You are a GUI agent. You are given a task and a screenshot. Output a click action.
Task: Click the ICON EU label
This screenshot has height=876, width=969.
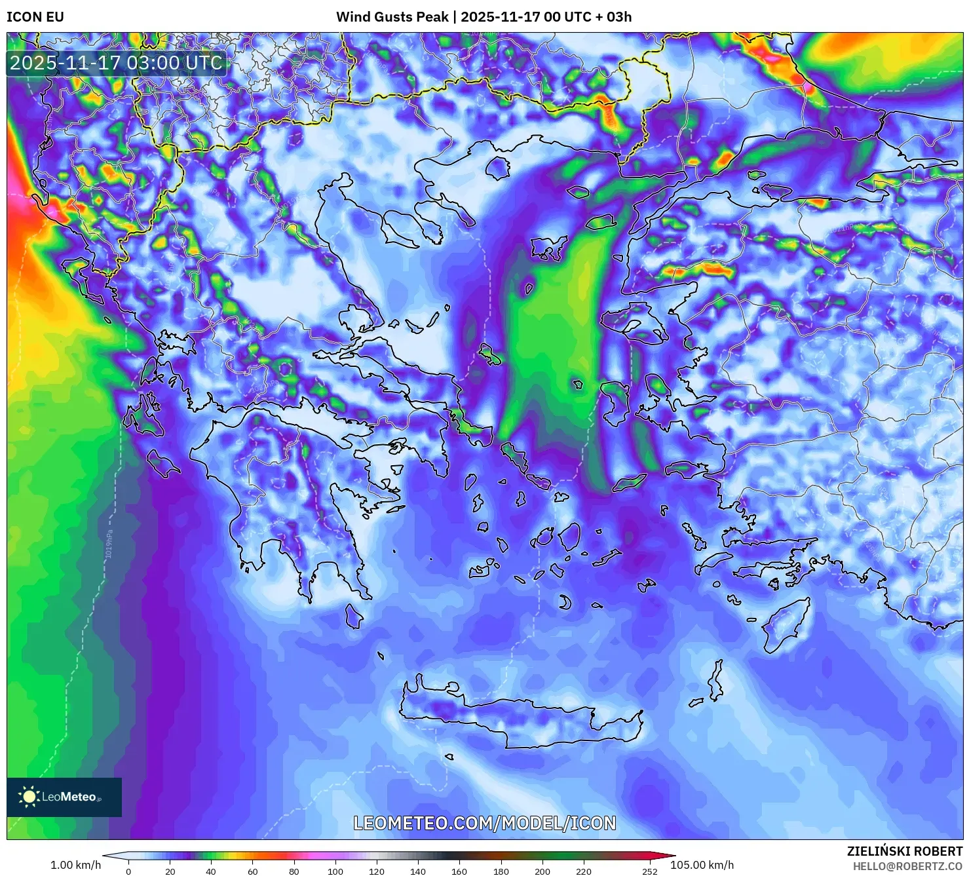35,17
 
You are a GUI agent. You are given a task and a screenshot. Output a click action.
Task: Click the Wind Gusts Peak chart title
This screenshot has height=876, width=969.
484,17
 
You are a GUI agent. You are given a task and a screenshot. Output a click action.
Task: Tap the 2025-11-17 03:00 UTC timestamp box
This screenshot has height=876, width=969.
116,63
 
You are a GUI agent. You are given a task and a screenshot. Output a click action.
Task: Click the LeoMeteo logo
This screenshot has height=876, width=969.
64,797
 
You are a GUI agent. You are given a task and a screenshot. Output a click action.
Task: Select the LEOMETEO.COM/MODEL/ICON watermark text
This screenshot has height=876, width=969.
485,823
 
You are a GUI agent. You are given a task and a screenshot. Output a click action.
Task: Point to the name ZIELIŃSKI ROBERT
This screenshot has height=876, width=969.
904,851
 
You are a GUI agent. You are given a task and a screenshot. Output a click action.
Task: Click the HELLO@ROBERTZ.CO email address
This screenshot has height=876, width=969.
907,866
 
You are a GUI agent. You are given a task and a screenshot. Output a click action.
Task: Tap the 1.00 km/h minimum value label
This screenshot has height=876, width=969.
75,865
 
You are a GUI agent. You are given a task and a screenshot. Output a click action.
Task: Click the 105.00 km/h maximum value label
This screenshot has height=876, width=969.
702,865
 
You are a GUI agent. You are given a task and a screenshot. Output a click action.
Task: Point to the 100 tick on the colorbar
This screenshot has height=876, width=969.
335,871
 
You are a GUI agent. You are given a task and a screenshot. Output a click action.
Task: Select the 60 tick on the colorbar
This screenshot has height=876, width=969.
253,871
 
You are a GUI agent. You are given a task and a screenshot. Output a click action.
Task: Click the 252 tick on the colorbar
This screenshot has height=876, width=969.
649,871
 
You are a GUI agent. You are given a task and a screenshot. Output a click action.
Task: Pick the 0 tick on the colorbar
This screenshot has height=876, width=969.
128,871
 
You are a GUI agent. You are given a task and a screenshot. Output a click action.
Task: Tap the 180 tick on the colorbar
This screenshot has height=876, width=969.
501,871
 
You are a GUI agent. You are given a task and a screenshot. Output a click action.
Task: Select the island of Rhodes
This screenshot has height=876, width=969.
785,626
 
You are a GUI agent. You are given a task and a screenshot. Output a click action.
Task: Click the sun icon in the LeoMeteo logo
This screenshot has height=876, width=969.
29,797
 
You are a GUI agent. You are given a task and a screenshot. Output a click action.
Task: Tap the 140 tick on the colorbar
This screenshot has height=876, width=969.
418,871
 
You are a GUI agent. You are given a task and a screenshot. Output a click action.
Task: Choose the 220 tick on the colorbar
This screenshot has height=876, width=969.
583,871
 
